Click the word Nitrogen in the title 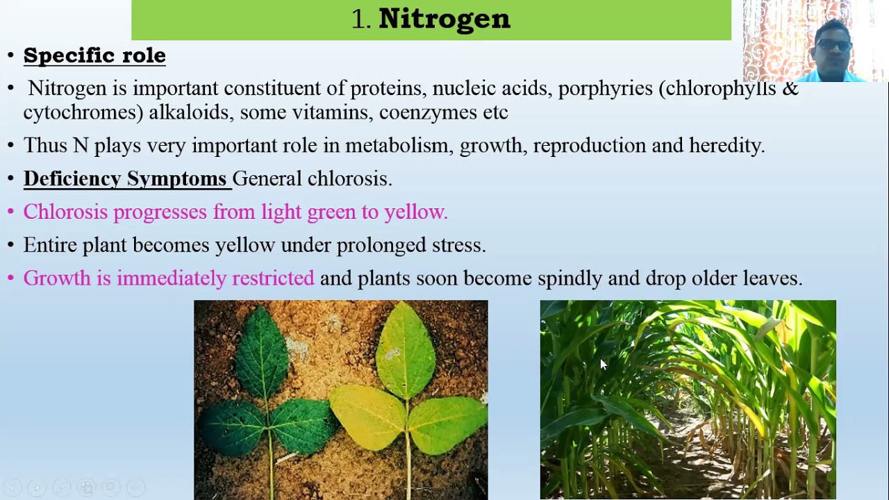444,19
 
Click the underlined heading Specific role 94,56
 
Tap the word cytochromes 83,112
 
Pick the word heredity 726,146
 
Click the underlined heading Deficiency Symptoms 125,179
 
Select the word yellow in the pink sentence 415,212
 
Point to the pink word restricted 273,278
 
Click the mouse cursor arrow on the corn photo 603,365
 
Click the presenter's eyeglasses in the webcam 833,46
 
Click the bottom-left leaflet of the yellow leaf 367,417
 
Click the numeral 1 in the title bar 358,19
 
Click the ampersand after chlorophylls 790,89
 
